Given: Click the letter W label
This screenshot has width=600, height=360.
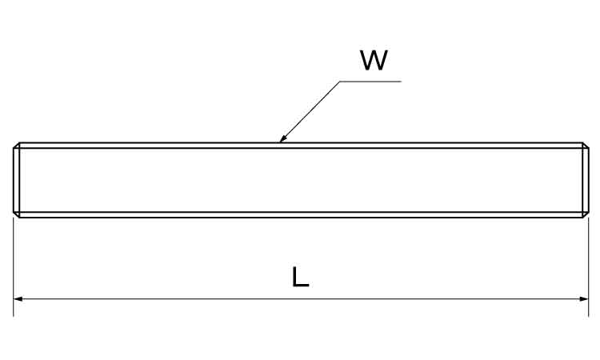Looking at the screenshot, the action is [374, 61].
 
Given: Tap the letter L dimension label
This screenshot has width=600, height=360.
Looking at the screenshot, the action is [300, 277].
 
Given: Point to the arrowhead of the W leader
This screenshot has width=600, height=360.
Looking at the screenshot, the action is [282, 138].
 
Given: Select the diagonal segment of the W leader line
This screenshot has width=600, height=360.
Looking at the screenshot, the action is [309, 112].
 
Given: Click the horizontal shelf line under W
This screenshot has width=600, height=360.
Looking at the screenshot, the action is [370, 81].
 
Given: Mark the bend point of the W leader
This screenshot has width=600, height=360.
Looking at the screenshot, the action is [340, 81].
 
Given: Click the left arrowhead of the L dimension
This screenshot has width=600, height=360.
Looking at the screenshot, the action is [18, 298].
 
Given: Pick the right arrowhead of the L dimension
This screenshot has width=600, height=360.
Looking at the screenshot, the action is [584, 298].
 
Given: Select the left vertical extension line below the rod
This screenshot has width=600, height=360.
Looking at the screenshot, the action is [14, 267].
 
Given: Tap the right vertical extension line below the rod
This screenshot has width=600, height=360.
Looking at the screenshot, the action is [589, 267].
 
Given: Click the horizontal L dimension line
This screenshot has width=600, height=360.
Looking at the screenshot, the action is [301, 298].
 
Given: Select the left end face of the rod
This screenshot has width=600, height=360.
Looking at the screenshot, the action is [14, 180].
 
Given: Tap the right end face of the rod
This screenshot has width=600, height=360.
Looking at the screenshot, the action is [589, 180].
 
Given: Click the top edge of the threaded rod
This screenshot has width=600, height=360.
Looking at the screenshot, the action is [301, 142].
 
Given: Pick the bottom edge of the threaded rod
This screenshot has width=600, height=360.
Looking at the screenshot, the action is [301, 218].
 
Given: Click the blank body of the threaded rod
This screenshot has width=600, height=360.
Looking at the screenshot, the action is [301, 180].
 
